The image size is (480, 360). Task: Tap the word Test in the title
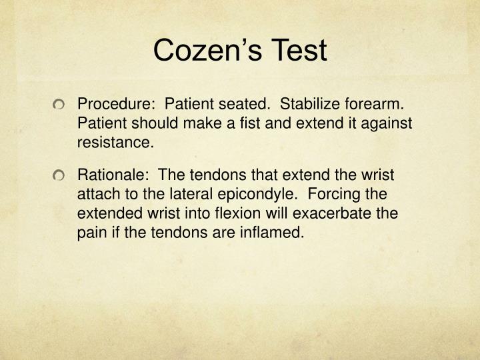point(299,51)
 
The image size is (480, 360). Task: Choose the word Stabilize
point(311,105)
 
